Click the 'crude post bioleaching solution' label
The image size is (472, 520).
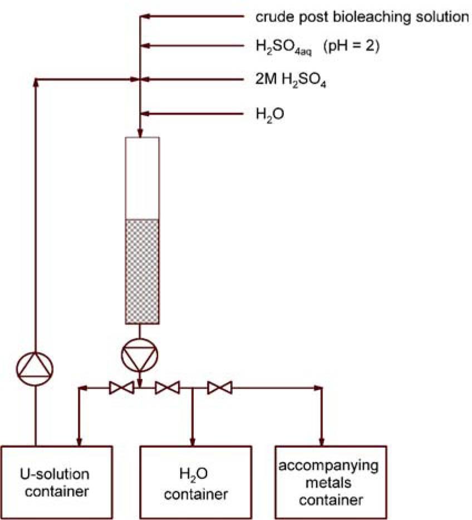(x=362, y=17)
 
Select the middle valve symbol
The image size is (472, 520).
(x=168, y=387)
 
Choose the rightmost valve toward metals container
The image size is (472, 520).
(x=219, y=387)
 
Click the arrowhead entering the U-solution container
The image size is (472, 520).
(x=80, y=442)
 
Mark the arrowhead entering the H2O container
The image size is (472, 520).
(x=192, y=442)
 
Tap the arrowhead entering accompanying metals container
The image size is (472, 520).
(x=322, y=442)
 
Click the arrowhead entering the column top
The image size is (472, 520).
(x=140, y=134)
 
